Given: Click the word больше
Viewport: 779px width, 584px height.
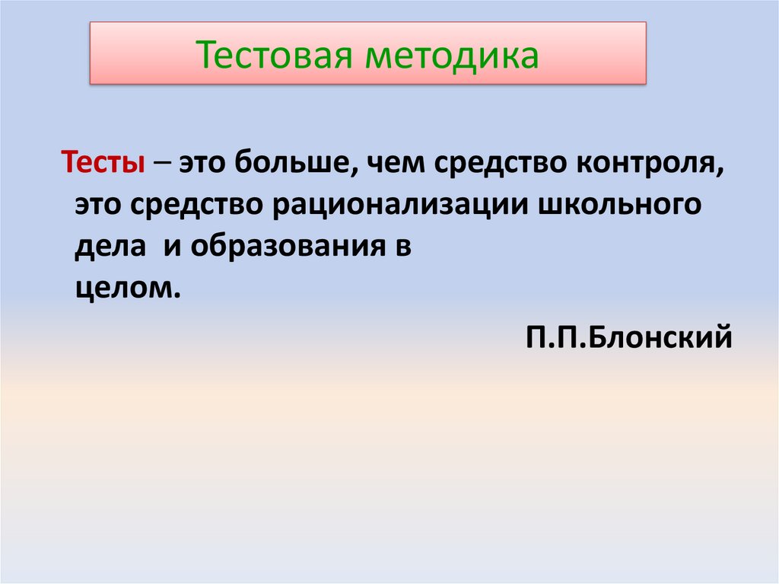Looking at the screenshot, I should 290,163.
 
